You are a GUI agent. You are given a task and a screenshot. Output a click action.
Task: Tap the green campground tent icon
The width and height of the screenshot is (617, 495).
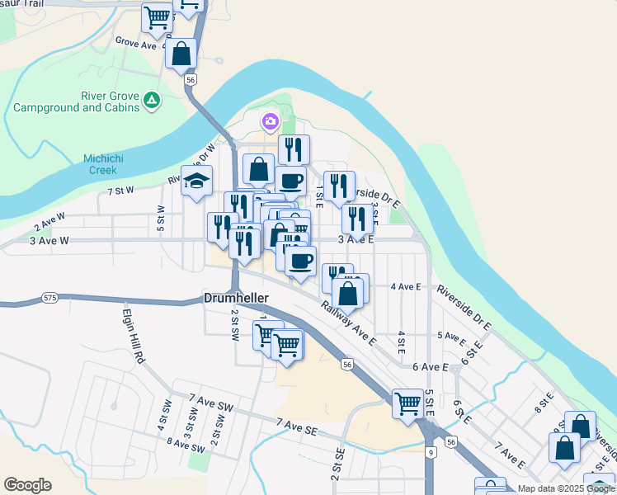(151, 101)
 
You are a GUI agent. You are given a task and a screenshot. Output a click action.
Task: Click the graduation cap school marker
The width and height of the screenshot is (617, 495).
(197, 181)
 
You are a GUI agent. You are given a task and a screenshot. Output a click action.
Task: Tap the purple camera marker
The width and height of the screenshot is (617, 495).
(270, 122)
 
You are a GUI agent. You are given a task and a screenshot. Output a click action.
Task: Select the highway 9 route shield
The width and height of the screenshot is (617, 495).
(431, 452)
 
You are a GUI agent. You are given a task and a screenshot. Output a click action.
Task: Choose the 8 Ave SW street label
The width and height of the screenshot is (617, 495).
(186, 445)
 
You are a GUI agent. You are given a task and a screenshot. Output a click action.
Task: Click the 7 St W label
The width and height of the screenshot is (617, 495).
(120, 191)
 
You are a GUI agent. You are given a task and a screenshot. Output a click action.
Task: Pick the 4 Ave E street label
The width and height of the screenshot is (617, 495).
(406, 286)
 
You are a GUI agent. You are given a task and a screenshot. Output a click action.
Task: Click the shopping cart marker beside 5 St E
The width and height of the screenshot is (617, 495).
(407, 403)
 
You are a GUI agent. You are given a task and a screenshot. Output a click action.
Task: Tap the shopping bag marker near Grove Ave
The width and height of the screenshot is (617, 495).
(181, 54)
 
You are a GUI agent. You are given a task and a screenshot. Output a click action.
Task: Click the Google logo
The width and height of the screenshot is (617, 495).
(27, 485)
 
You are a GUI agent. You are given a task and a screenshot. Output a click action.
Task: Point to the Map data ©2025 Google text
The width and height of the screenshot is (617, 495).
(566, 488)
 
